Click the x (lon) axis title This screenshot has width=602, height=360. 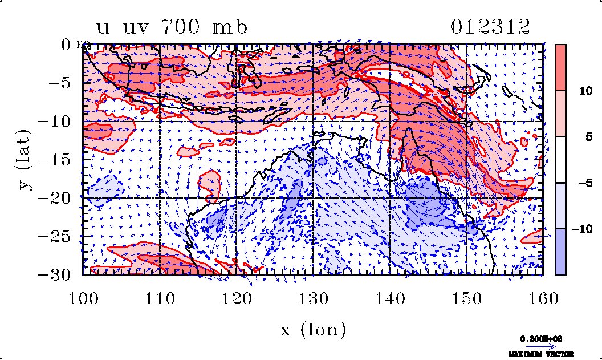(x=313, y=329)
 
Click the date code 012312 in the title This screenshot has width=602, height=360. (x=491, y=27)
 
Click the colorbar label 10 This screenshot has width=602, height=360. (x=579, y=90)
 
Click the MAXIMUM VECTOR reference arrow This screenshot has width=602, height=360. (x=538, y=346)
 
